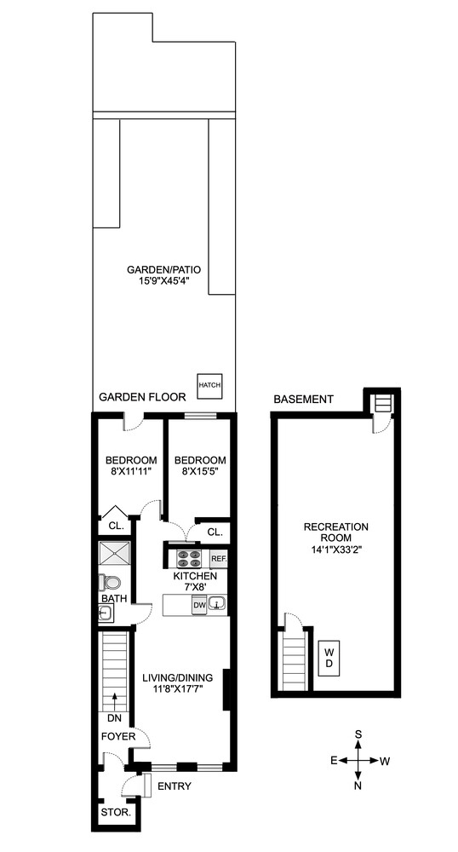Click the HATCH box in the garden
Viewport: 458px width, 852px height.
click(209, 385)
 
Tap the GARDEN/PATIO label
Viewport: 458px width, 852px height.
click(164, 268)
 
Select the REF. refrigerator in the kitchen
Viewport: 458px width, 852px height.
click(218, 560)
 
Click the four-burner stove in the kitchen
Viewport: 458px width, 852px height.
click(187, 560)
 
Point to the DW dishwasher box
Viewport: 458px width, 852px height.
click(199, 605)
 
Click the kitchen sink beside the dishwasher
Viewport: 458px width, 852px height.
click(217, 605)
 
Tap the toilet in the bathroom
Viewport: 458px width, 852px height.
click(109, 584)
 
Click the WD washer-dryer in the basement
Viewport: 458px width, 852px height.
click(328, 657)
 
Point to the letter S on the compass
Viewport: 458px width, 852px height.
click(359, 734)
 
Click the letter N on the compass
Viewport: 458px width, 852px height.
click(359, 785)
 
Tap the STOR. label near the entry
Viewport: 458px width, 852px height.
click(115, 813)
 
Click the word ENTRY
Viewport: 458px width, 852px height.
click(175, 786)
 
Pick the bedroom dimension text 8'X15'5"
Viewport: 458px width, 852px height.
click(202, 470)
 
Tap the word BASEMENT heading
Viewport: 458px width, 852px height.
click(304, 400)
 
